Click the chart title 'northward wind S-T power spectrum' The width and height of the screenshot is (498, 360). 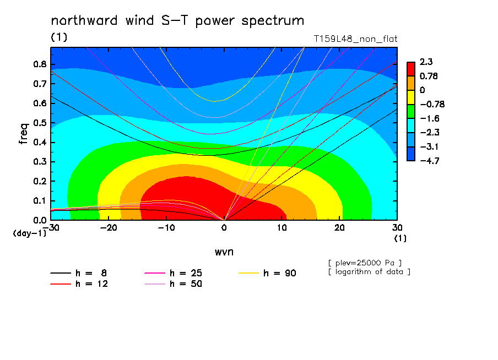coord(177,21)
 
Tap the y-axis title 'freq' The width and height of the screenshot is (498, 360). coord(24,134)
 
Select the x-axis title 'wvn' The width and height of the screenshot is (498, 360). coord(224,252)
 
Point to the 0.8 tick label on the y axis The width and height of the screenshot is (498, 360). coord(40,64)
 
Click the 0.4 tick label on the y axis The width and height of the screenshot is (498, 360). coord(40,143)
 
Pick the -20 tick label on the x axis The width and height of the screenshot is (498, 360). coord(109,228)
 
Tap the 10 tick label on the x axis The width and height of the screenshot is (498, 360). coord(282,228)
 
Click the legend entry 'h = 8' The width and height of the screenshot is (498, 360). coord(78,273)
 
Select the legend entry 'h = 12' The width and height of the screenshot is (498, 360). coord(79,284)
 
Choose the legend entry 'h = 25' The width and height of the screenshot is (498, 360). coord(173,273)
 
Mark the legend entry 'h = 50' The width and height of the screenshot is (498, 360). coord(173,284)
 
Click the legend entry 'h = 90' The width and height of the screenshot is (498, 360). coord(267,273)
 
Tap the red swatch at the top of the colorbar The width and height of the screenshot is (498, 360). coord(411,69)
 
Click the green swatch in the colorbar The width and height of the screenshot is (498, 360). coord(411,111)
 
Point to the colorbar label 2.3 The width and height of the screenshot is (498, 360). coord(426,62)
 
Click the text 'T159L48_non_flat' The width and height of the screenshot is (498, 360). coord(355,39)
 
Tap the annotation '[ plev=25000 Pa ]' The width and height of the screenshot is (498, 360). coord(365,263)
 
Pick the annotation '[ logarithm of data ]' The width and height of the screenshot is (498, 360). coord(370,272)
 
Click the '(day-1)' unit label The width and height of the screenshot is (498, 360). coord(29,233)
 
